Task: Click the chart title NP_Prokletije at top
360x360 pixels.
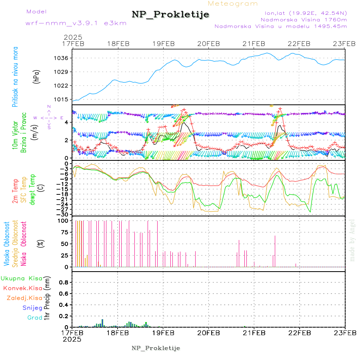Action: tap(170, 14)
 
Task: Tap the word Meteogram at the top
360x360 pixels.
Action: tap(233, 4)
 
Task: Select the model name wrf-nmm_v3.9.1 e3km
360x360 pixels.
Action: tap(76, 23)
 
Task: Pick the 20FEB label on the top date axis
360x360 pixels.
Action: tap(208, 44)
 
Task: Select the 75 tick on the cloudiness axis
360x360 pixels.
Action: tap(64, 232)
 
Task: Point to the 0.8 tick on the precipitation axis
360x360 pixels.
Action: tap(64, 282)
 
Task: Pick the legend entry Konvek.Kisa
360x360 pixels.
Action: tap(22, 288)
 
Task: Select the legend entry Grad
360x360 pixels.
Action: tap(34, 318)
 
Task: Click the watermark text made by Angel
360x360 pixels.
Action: tap(352, 240)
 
